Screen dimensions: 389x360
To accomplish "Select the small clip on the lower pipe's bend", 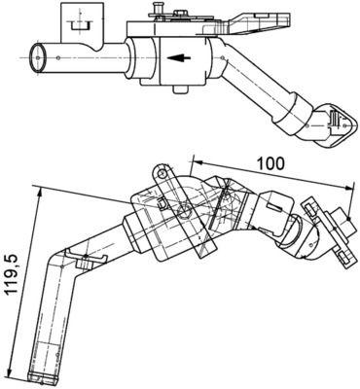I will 91,263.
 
